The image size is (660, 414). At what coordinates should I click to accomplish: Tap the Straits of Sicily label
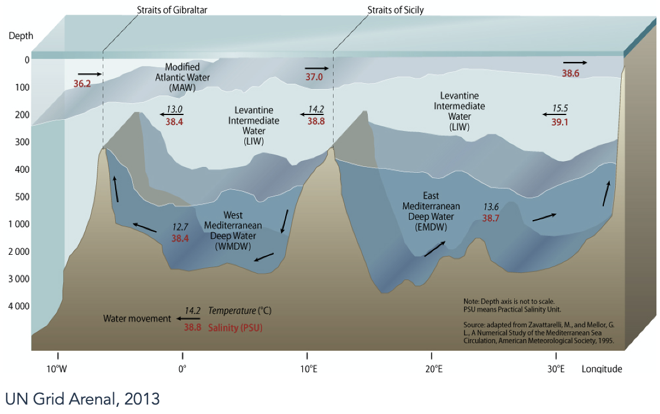(x=396, y=10)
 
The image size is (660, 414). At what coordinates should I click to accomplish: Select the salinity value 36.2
(x=82, y=84)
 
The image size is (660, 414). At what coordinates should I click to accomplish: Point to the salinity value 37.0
(x=314, y=77)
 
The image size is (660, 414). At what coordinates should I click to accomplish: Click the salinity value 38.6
(x=570, y=73)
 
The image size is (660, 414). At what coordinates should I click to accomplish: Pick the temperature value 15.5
(x=560, y=109)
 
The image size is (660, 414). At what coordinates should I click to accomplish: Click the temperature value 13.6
(x=491, y=207)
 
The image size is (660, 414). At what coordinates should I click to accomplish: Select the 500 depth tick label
(x=22, y=197)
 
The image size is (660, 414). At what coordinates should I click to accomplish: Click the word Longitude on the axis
(x=602, y=369)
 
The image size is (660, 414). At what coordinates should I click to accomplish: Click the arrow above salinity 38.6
(x=575, y=62)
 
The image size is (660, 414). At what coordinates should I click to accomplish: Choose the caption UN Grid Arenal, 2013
(x=83, y=399)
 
